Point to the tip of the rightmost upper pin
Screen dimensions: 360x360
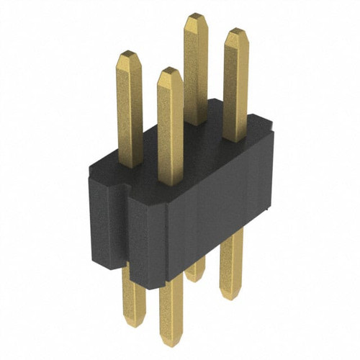click(x=235, y=33)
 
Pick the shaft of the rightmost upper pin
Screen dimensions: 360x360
click(x=235, y=86)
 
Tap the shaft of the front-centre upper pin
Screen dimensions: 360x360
click(x=171, y=130)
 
